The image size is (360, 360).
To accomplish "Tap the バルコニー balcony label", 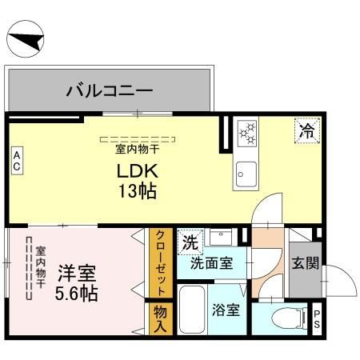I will (x=110, y=90).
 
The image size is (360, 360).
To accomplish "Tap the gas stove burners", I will (x=246, y=133).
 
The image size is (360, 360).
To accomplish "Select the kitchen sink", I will (x=246, y=173).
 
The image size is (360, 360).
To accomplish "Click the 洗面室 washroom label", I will (x=211, y=263).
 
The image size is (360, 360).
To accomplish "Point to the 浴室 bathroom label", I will (x=226, y=310).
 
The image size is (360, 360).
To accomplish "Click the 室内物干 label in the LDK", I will (x=138, y=149).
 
